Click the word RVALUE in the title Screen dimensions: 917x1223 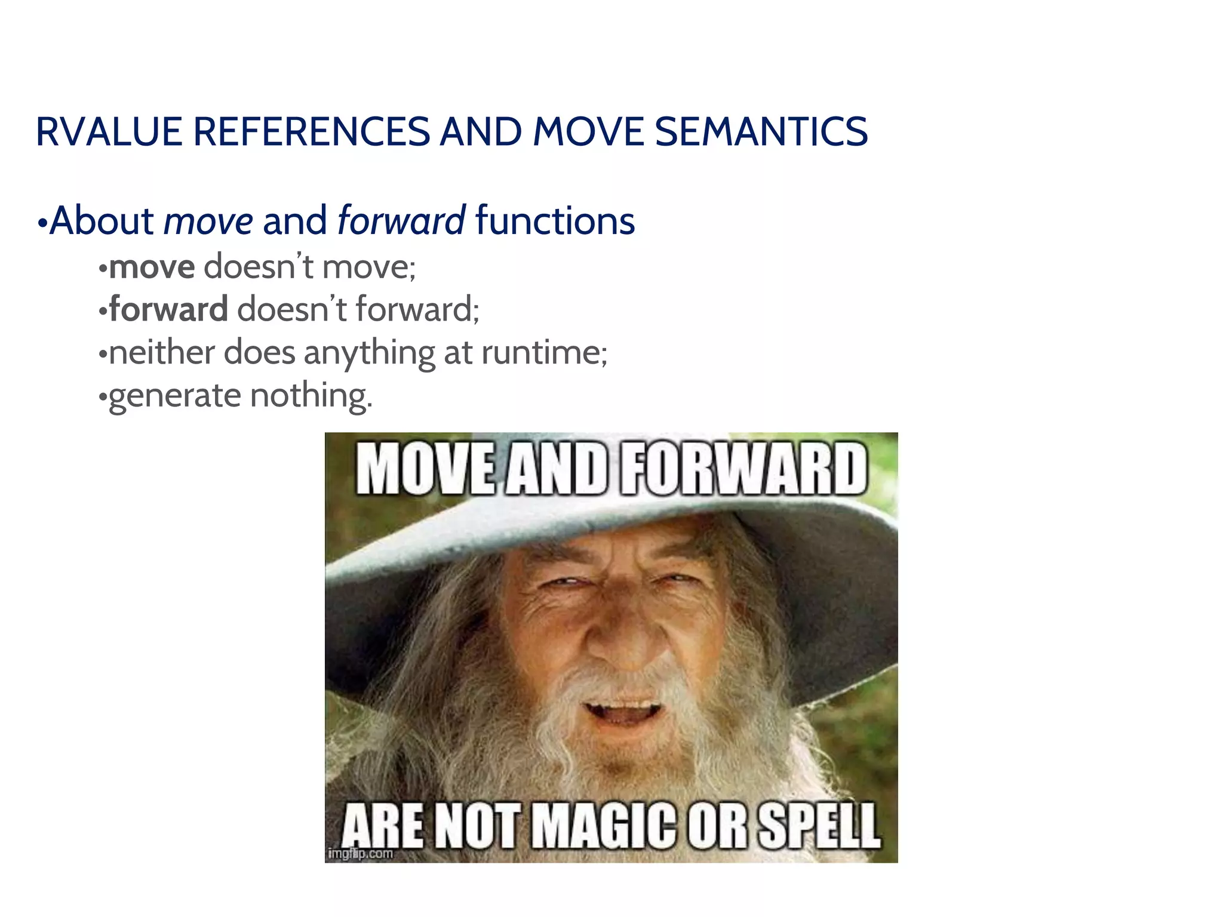pos(109,132)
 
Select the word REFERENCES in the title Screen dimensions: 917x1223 pos(311,132)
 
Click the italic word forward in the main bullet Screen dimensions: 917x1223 pos(401,220)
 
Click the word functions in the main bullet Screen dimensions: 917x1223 pos(555,220)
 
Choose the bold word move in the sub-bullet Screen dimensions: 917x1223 pos(152,267)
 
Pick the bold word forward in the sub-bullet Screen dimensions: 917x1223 pos(168,309)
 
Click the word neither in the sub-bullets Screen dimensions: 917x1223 pos(162,352)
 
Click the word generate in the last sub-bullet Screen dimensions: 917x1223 pos(174,396)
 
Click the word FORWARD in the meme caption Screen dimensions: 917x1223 pos(743,469)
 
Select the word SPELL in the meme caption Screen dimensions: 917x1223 pos(818,826)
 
